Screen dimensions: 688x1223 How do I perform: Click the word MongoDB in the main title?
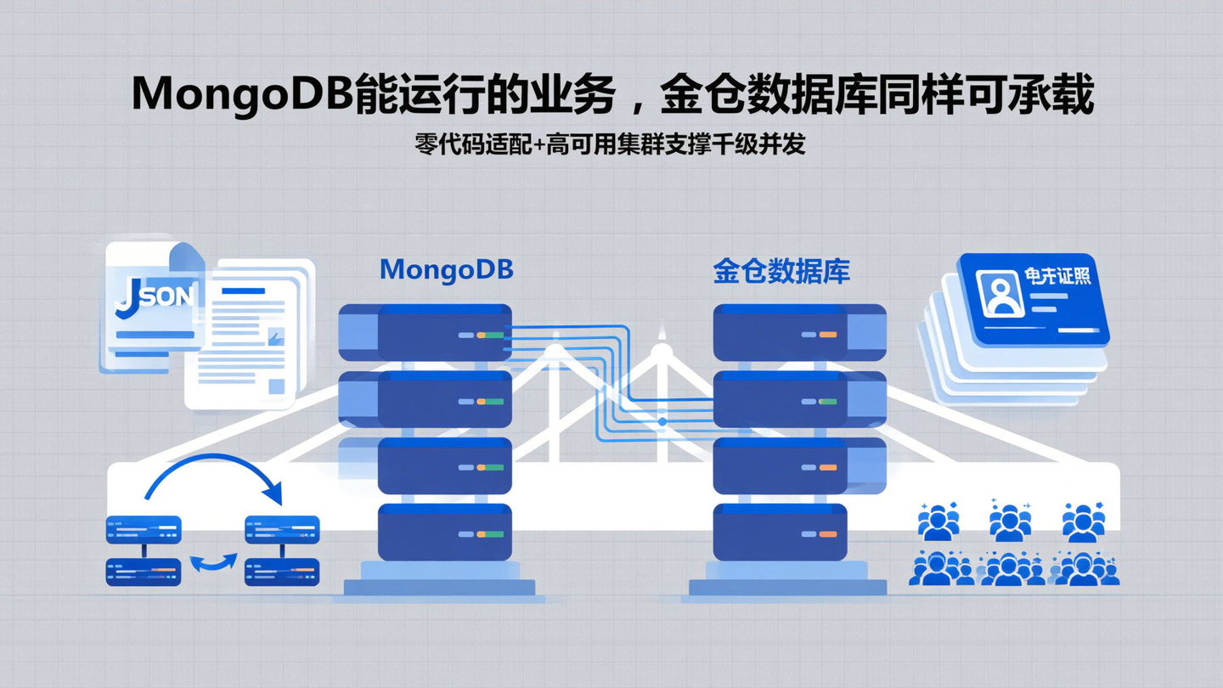241,95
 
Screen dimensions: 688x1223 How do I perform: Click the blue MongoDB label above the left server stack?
446,269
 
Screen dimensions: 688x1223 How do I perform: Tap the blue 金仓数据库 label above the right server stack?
781,271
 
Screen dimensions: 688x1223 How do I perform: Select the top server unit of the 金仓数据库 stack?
798,332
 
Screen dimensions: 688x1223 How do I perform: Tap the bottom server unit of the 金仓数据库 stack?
780,533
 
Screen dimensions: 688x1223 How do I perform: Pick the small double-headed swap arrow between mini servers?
213,561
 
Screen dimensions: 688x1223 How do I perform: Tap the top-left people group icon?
938,522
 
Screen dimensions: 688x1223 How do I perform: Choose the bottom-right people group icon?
1085,568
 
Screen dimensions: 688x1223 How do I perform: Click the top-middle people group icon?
1010,522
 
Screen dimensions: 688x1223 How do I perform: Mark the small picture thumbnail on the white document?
275,337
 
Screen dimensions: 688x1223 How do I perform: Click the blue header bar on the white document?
243,291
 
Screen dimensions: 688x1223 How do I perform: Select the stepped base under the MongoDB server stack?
439,581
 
